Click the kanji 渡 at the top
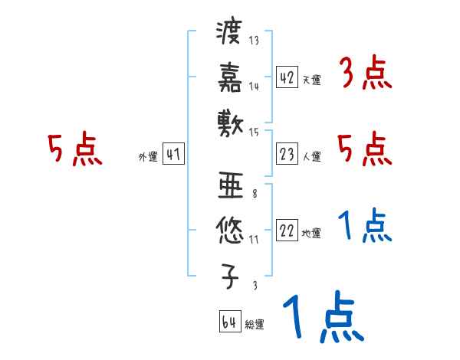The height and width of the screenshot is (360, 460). (x=229, y=34)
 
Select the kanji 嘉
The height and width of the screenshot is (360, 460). (x=229, y=77)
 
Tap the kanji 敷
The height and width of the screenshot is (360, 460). (x=229, y=120)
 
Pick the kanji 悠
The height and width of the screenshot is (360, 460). (x=229, y=228)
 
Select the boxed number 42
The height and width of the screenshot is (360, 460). (x=287, y=77)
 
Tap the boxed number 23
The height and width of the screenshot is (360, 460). (x=287, y=154)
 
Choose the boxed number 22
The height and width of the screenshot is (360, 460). (x=287, y=231)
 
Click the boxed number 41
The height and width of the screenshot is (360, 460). (x=172, y=154)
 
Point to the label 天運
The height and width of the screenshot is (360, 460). (x=311, y=79)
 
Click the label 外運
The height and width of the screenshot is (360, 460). (x=147, y=156)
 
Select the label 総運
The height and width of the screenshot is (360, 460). (x=255, y=324)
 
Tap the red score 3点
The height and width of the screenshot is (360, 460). (x=365, y=74)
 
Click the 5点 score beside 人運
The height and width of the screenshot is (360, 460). (x=365, y=149)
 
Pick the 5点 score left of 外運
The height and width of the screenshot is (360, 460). (x=74, y=150)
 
